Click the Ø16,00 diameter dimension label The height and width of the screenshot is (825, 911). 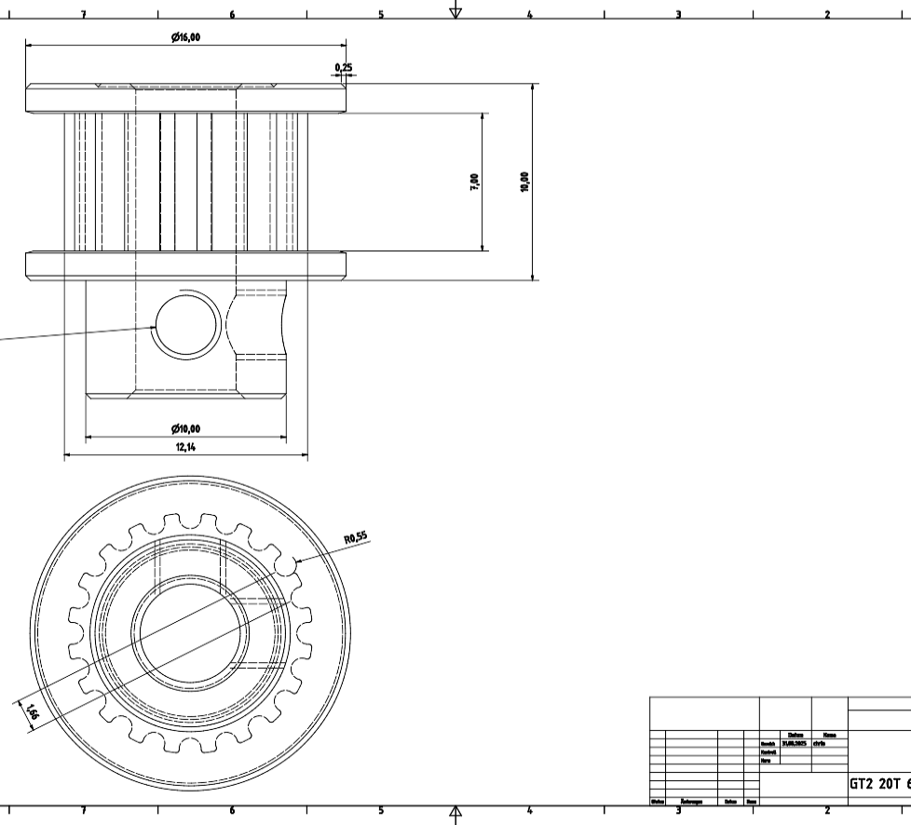pos(185,37)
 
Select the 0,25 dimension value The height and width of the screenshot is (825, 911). pos(344,67)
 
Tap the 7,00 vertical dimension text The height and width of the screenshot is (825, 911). pos(475,182)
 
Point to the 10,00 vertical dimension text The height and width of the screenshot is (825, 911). pos(524,182)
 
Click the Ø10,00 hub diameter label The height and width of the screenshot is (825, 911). pos(185,429)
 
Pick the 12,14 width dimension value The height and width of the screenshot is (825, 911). pos(185,447)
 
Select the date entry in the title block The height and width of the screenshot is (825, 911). pos(794,743)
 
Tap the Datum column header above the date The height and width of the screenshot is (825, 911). pos(795,735)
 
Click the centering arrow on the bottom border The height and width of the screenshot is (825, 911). pos(455,815)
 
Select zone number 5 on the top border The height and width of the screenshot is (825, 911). pos(380,15)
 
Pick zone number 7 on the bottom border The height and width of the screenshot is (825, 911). pos(84,810)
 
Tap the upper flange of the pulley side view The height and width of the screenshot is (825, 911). pos(185,98)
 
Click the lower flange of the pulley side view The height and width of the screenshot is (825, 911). pos(185,265)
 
